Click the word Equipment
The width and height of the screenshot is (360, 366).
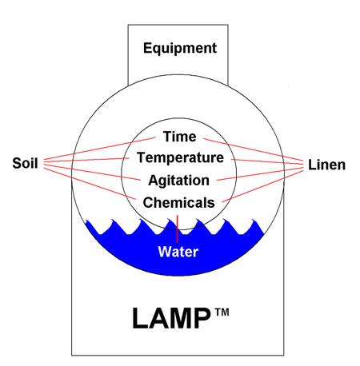pos(180,49)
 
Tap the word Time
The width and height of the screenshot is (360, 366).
pos(180,137)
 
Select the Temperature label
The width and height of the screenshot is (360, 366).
pos(180,158)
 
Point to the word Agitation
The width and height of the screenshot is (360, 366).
pos(178,181)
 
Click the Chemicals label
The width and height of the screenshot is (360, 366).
pos(178,203)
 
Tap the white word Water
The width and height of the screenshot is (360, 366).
pos(178,252)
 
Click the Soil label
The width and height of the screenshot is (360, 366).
pos(25,163)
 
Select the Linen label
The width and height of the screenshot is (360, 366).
pos(326,165)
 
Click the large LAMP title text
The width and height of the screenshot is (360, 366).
pos(171,318)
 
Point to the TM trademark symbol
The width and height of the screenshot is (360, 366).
pos(222,312)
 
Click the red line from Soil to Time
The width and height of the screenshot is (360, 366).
pos(100,149)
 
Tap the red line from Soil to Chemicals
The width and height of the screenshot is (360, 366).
pos(90,184)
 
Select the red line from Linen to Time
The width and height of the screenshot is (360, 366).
pos(254,149)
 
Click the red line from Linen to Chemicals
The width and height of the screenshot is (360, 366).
pos(262,186)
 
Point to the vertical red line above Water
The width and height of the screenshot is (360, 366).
pos(177,229)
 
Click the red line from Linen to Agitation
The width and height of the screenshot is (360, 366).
pos(260,173)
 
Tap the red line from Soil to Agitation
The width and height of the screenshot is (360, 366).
pos(92,172)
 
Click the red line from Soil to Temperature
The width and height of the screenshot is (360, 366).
pos(86,160)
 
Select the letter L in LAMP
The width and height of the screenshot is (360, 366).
pos(140,318)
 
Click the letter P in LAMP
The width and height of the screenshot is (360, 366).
pos(202,318)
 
